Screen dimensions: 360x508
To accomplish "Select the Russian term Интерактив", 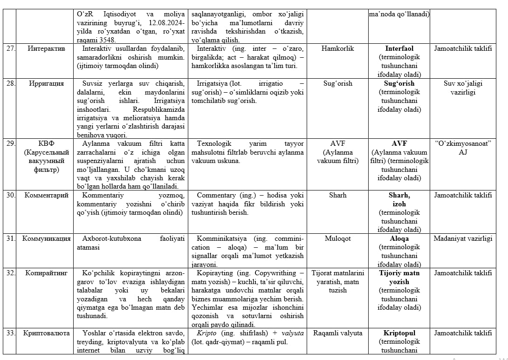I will (46, 48).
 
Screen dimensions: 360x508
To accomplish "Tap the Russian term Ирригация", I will (46, 84).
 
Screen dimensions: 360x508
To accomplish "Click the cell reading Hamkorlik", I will (337, 48).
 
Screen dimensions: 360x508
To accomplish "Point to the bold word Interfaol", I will (399, 48).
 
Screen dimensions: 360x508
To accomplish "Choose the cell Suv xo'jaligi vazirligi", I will (463, 88).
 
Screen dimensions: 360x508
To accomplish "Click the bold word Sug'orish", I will (399, 84).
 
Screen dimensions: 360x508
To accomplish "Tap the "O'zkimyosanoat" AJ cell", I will (463, 148).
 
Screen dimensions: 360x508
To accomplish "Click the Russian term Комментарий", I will (46, 195).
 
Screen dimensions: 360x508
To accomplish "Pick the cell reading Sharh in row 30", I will (337, 195).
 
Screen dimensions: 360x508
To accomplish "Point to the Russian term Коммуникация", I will (46, 238).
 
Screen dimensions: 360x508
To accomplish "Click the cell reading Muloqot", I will (337, 238).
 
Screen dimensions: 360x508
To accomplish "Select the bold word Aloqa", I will (399, 238).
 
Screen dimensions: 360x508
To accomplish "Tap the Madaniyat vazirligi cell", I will (463, 238).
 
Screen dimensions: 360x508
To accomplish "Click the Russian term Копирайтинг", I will (46, 273).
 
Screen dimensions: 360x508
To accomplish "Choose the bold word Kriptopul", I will (399, 333).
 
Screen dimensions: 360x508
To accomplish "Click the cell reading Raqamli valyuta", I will (337, 333).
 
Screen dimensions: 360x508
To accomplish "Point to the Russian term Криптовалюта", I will (46, 333).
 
